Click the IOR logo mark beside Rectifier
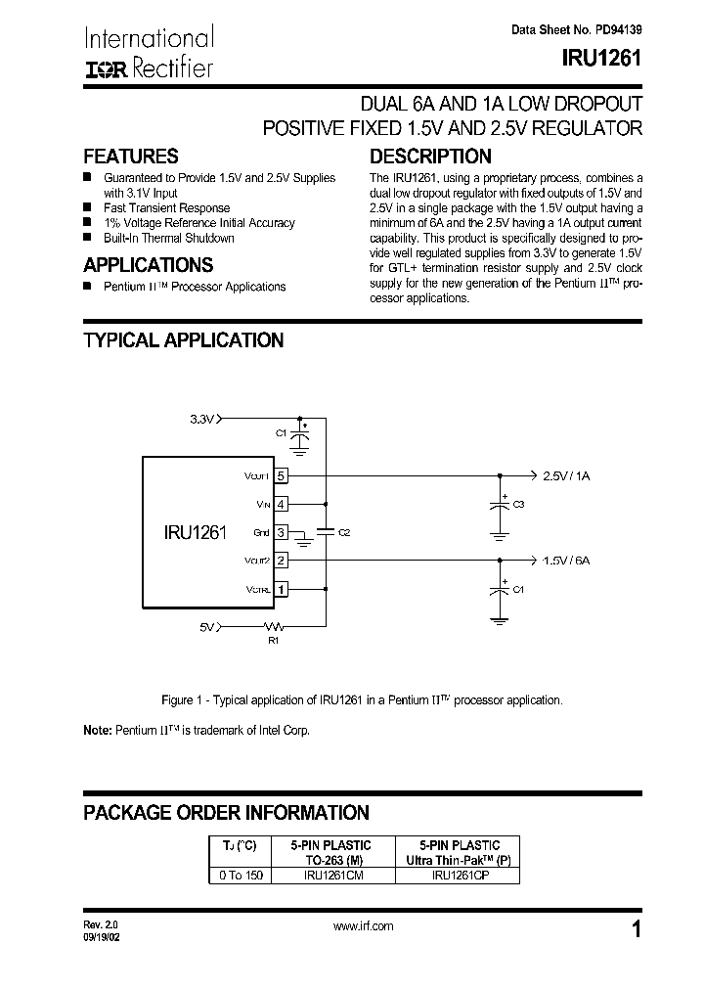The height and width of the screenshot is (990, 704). [x=103, y=69]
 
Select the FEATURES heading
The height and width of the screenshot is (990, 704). [x=130, y=157]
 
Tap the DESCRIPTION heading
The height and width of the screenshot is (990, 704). [x=430, y=157]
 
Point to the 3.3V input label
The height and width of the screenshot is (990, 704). [x=201, y=419]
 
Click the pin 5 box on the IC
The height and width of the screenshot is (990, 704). [x=282, y=475]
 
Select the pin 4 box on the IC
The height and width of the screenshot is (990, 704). [x=282, y=504]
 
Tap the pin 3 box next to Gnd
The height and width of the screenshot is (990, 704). [x=282, y=532]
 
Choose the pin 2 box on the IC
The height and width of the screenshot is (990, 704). [x=282, y=561]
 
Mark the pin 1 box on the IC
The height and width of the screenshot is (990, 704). [x=282, y=589]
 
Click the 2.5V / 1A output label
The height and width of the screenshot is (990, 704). [x=566, y=475]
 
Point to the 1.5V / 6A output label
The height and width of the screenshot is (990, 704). [x=566, y=561]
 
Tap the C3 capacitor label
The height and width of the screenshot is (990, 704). [x=518, y=504]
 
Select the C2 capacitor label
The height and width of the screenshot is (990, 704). [x=343, y=532]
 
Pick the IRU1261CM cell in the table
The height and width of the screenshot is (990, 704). [x=332, y=876]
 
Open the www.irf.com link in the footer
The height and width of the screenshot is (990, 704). [x=363, y=926]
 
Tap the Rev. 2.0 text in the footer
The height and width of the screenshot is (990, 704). [x=99, y=923]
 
